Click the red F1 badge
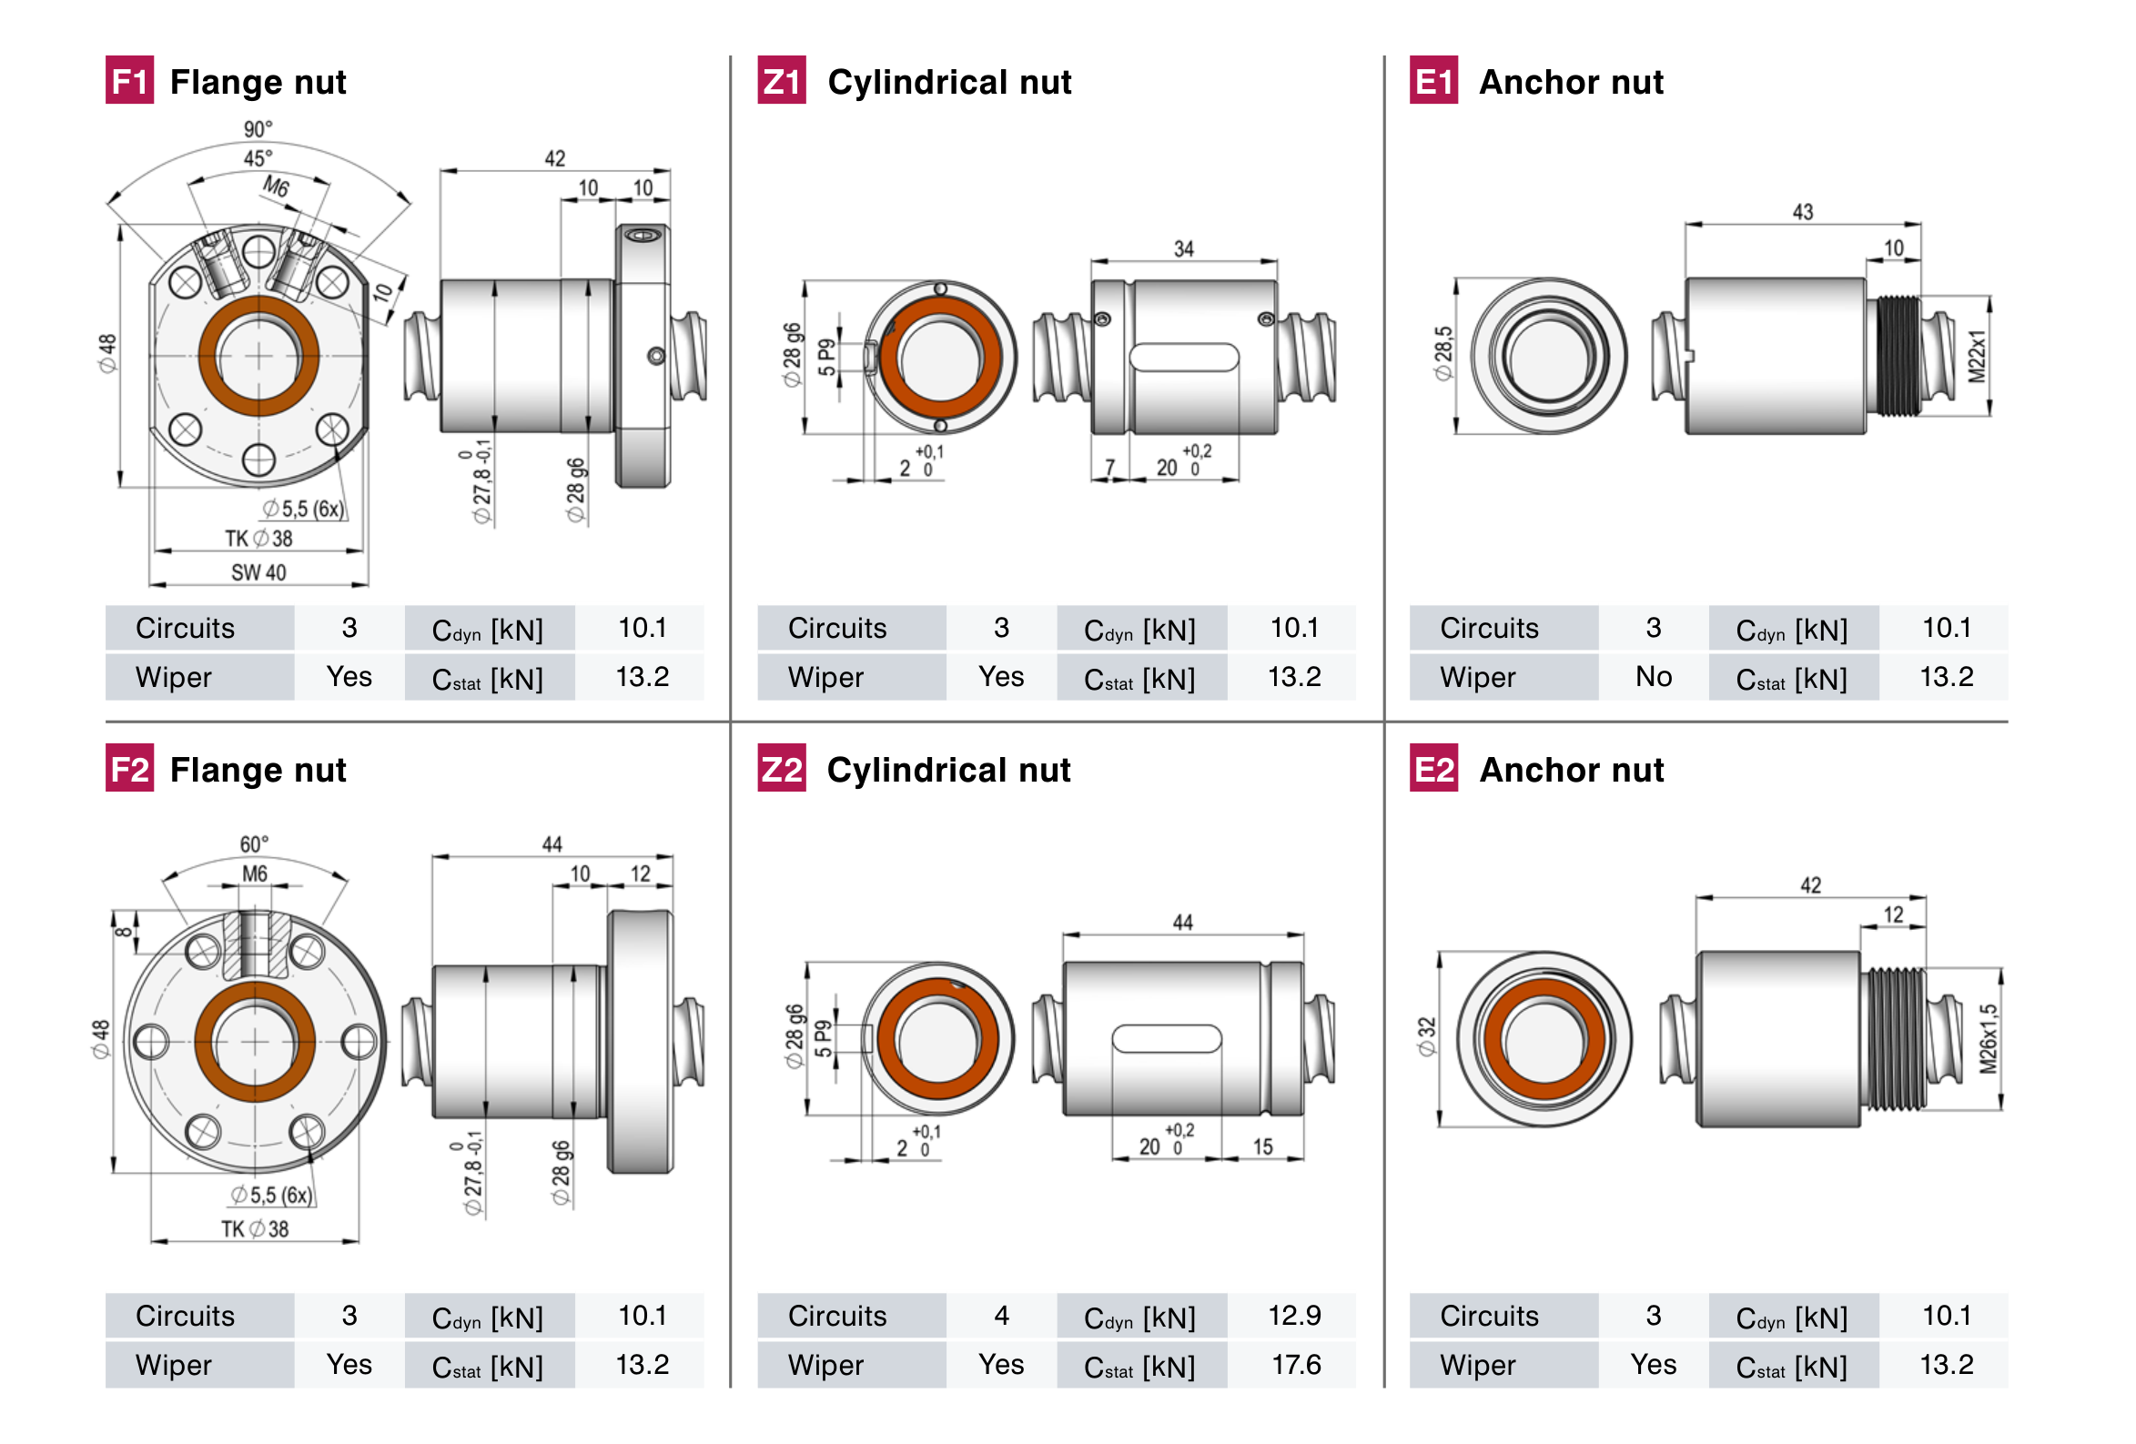point(128,81)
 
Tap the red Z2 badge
point(781,769)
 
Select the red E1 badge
point(1432,81)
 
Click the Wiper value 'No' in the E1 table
point(1653,676)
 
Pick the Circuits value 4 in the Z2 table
point(1001,1316)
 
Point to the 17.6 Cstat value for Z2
point(1295,1365)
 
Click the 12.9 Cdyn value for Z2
point(1294,1316)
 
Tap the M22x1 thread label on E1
point(1977,357)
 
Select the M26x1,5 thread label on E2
point(1988,1039)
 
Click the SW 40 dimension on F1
point(258,572)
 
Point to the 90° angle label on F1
point(258,128)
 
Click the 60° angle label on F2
point(255,843)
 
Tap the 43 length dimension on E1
point(1802,212)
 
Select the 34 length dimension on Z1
point(1184,249)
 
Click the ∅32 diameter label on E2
point(1426,1036)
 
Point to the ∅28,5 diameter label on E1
point(1444,353)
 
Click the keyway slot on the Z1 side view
point(1184,357)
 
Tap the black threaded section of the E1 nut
point(1896,356)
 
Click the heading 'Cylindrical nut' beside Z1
point(949,82)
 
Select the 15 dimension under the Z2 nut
point(1263,1146)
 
